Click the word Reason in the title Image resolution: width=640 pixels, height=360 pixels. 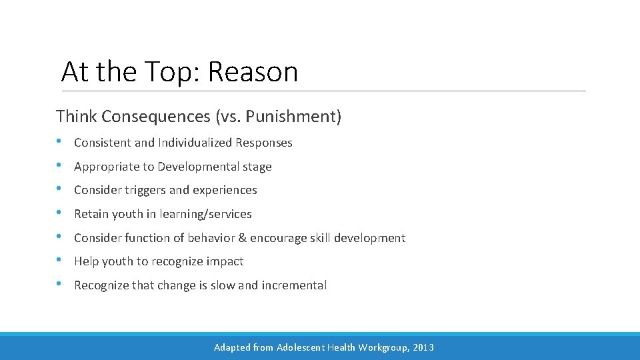pyautogui.click(x=253, y=72)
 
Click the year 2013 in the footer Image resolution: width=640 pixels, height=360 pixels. pyautogui.click(x=423, y=347)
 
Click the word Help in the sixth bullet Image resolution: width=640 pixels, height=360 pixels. pyautogui.click(x=85, y=261)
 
